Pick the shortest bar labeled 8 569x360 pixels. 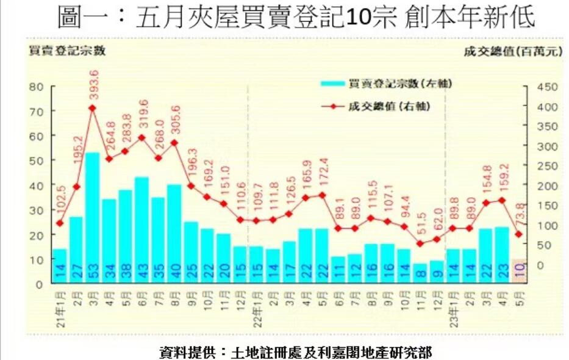click(420, 273)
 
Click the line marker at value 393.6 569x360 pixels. click(93, 108)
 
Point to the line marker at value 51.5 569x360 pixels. click(420, 243)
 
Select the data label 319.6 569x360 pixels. click(144, 113)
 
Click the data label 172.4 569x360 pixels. click(324, 173)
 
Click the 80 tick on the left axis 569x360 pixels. click(38, 87)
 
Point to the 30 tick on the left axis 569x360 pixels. click(38, 211)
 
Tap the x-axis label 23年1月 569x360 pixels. click(453, 311)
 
